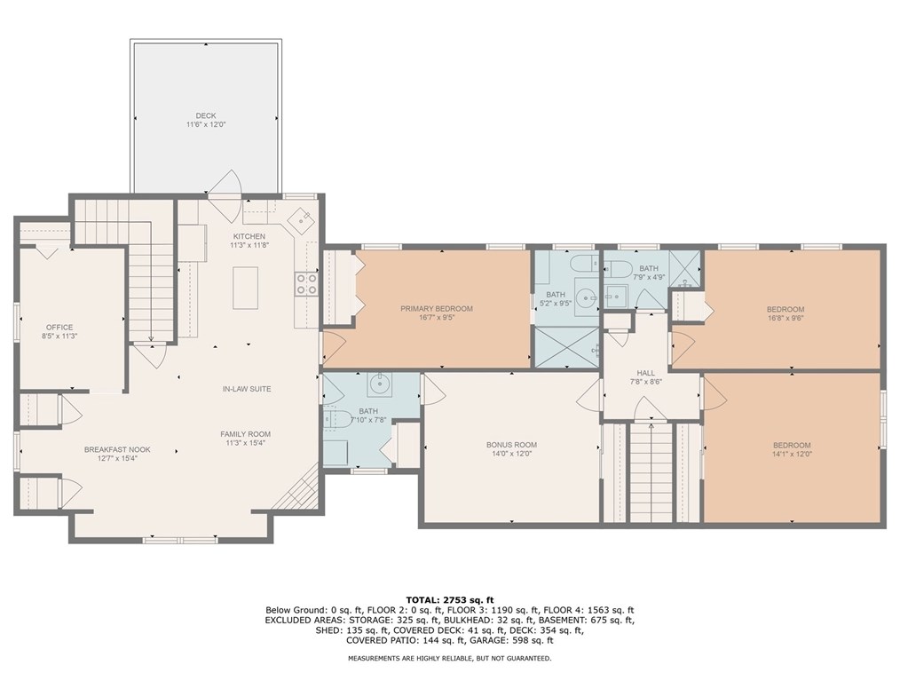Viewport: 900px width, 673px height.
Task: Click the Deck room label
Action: pyautogui.click(x=206, y=115)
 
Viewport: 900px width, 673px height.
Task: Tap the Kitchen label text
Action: pyautogui.click(x=249, y=236)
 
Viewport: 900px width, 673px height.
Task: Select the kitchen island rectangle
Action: pyautogui.click(x=245, y=288)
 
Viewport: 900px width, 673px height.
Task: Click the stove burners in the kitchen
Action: pyautogui.click(x=306, y=283)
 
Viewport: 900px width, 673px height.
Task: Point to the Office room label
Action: pyautogui.click(x=59, y=328)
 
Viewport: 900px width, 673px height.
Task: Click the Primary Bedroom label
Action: pyautogui.click(x=437, y=308)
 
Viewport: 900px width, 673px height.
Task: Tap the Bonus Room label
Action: pyautogui.click(x=511, y=445)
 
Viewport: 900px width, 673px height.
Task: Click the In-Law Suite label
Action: pyautogui.click(x=247, y=389)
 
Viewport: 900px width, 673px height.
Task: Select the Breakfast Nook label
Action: pyautogui.click(x=118, y=449)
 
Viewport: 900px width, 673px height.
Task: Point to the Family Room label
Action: pyautogui.click(x=245, y=434)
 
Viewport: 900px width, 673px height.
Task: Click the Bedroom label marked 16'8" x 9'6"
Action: pyautogui.click(x=786, y=309)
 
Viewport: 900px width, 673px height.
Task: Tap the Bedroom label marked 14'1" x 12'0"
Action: pyautogui.click(x=792, y=445)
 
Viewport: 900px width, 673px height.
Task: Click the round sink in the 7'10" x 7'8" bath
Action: pyautogui.click(x=379, y=384)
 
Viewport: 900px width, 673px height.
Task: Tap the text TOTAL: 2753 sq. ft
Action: pyautogui.click(x=450, y=600)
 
